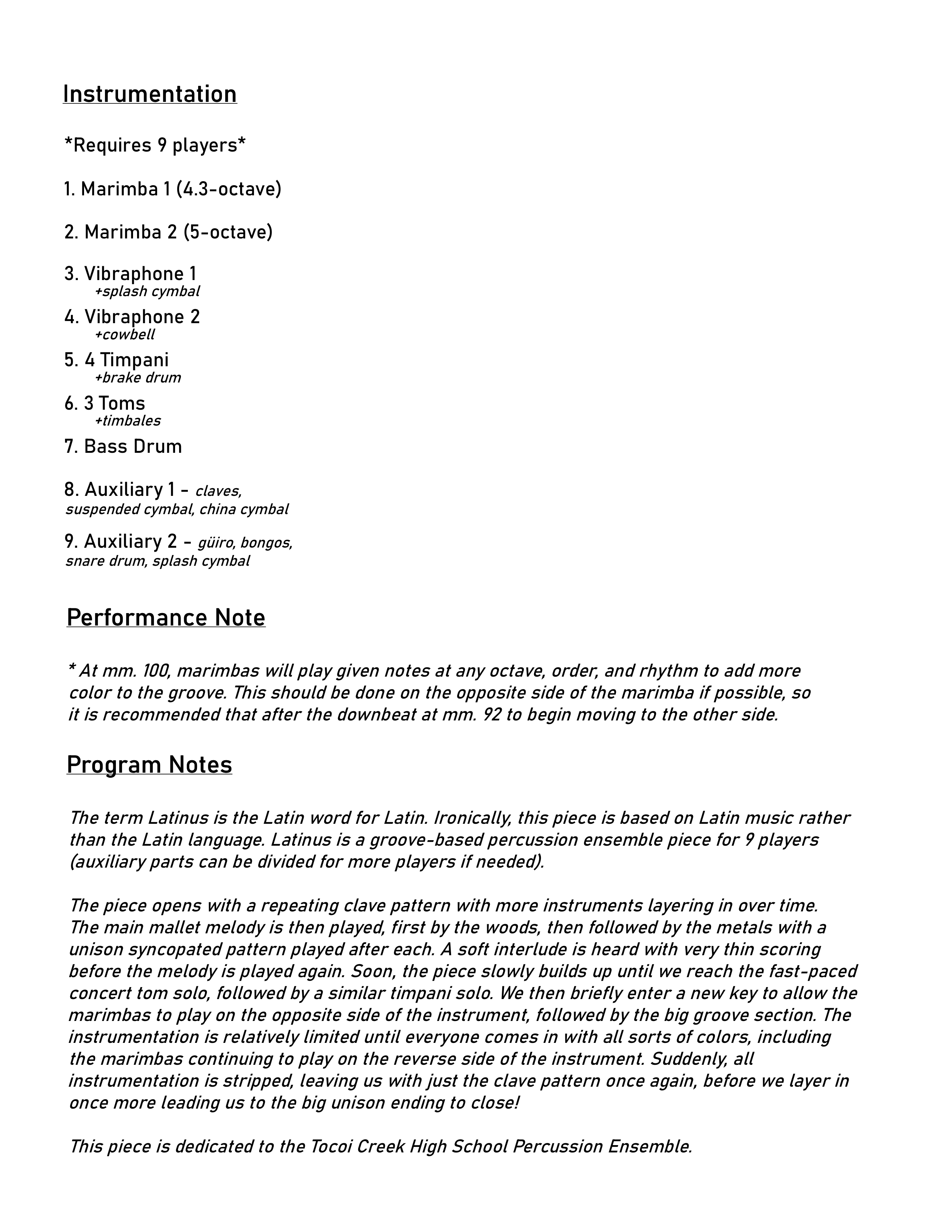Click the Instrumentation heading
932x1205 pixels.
[149, 94]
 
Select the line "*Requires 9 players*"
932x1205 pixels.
[155, 146]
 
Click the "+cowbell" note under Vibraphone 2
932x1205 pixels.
[125, 335]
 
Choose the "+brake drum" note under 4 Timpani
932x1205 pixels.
[137, 378]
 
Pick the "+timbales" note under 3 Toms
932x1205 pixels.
[128, 421]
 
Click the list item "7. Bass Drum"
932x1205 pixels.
[123, 446]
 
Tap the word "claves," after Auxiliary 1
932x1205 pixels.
[219, 491]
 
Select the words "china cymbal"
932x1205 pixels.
[244, 509]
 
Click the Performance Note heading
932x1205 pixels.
[166, 618]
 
